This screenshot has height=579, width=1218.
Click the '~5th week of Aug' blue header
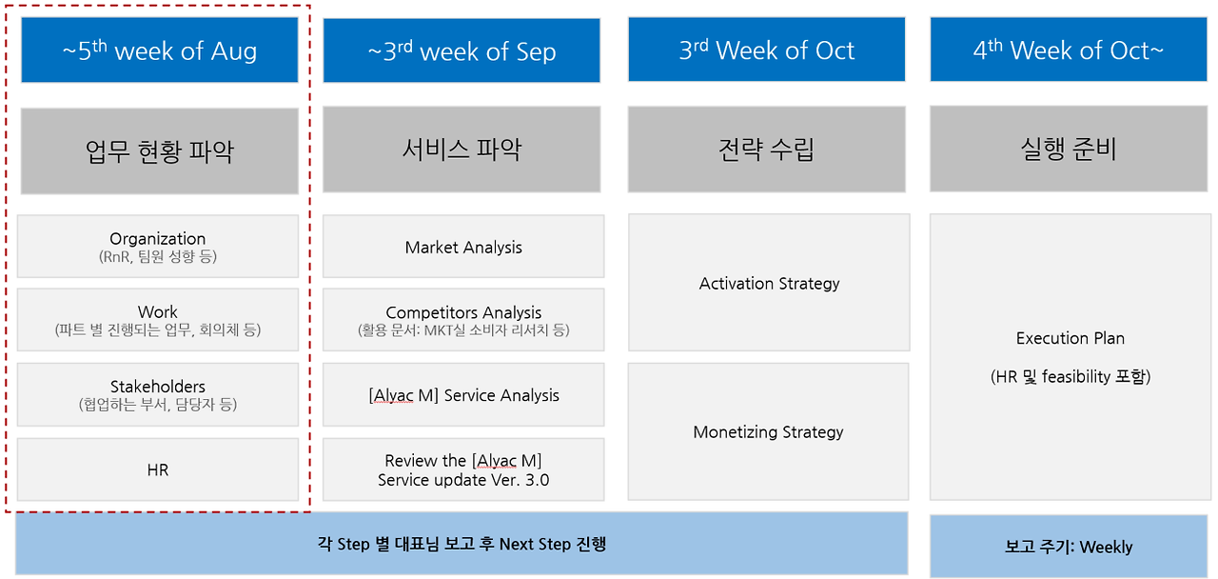(x=159, y=50)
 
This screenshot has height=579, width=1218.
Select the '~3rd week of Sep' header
(x=462, y=50)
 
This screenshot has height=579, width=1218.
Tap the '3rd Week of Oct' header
(x=767, y=50)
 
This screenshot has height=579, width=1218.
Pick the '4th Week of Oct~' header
(x=1069, y=50)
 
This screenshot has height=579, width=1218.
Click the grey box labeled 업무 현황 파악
(x=159, y=150)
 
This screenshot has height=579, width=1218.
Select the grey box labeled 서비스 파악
(x=462, y=150)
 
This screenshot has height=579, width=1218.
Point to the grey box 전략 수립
(x=767, y=150)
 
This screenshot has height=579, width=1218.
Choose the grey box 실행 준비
(x=1069, y=149)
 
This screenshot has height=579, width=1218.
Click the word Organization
(x=158, y=239)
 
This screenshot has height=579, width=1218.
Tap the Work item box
(x=158, y=320)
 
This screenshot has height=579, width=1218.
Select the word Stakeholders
(x=158, y=387)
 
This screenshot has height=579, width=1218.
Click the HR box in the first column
(x=158, y=469)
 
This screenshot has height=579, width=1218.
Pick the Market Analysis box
(x=463, y=247)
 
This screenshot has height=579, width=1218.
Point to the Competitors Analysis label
(x=463, y=313)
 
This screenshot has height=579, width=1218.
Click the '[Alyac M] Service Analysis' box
(x=463, y=394)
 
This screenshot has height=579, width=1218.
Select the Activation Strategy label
(x=770, y=284)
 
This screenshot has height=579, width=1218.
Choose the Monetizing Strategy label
(x=768, y=432)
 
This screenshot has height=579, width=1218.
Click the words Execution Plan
(x=1071, y=338)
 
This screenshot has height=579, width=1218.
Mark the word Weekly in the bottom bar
(x=1106, y=547)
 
